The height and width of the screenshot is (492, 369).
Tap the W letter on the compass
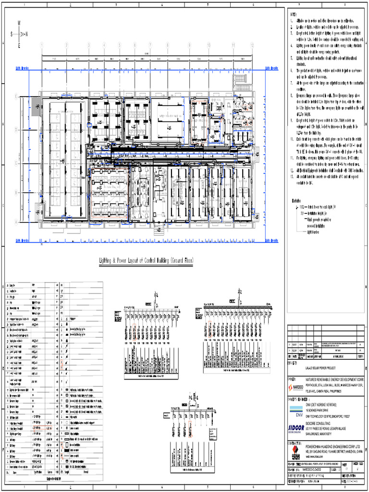click(x=19, y=23)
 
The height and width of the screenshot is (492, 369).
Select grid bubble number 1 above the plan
click(x=42, y=45)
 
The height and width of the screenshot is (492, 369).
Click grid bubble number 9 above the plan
click(x=189, y=45)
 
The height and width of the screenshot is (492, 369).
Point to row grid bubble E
click(x=16, y=96)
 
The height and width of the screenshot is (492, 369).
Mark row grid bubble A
click(x=16, y=221)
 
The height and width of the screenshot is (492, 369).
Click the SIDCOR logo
click(x=296, y=428)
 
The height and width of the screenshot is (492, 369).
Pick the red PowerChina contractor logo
click(x=296, y=451)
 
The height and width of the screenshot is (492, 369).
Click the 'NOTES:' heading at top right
click(x=294, y=15)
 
